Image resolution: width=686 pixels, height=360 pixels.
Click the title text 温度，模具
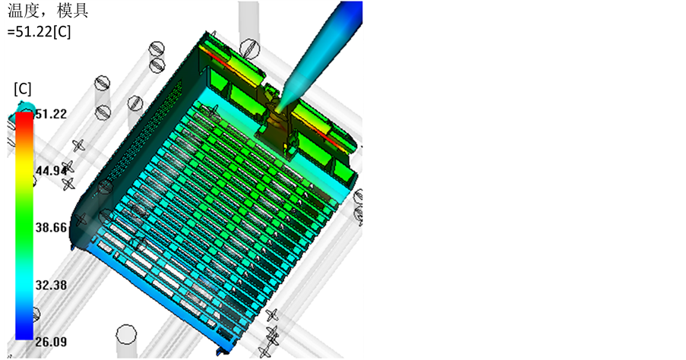coord(48,11)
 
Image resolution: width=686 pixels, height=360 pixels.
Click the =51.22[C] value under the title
coord(39,31)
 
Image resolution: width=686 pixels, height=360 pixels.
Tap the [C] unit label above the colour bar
coord(23,89)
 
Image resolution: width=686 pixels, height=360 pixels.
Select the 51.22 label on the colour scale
coord(51,114)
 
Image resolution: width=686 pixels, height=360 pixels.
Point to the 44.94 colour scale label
coord(51,171)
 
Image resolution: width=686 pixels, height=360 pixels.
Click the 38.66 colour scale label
coord(51,227)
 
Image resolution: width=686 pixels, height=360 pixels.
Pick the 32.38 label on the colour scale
coord(51,285)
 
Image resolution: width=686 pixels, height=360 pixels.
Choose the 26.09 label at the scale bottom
coord(51,342)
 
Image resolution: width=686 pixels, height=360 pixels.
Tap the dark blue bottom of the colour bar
coord(24,333)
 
